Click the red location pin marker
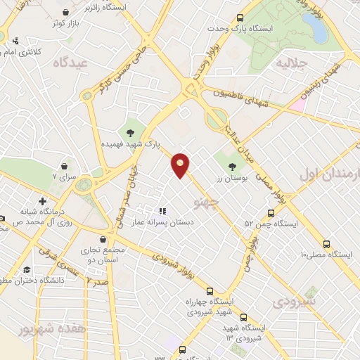click(x=181, y=165)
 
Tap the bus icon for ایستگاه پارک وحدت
click(x=240, y=18)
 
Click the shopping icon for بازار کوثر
click(x=65, y=13)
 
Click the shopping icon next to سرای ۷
click(x=65, y=167)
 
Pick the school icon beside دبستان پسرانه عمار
click(x=162, y=210)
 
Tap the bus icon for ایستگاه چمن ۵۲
click(x=271, y=213)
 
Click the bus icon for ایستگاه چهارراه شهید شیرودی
click(x=210, y=290)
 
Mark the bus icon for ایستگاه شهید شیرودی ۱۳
click(x=243, y=316)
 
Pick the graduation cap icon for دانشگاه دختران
click(x=27, y=270)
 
